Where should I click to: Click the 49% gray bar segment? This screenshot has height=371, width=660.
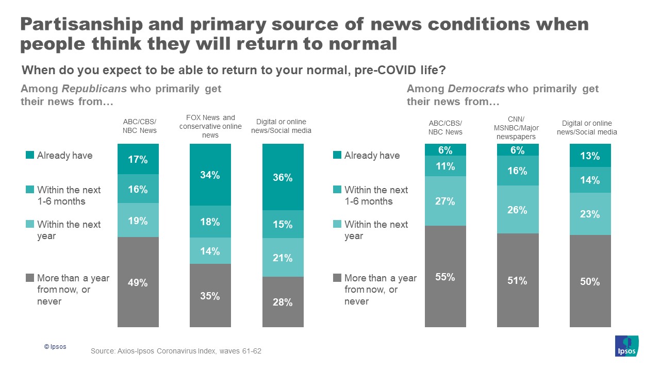pyautogui.click(x=138, y=282)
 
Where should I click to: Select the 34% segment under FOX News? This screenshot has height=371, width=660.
pyautogui.click(x=210, y=175)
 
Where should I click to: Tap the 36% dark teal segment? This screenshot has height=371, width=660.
pyautogui.click(x=283, y=177)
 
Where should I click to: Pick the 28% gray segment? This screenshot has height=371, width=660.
pyautogui.click(x=283, y=302)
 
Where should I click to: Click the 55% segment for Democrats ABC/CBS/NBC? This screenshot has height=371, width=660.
pyautogui.click(x=445, y=277)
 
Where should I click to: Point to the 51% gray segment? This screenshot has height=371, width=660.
pyautogui.click(x=517, y=280)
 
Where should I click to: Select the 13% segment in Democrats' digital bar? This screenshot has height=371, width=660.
pyautogui.click(x=590, y=156)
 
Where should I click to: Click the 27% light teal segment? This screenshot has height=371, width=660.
pyautogui.click(x=445, y=201)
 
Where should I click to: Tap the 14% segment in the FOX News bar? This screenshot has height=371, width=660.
pyautogui.click(x=210, y=251)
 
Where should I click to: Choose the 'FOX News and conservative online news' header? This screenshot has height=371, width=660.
pyautogui.click(x=210, y=126)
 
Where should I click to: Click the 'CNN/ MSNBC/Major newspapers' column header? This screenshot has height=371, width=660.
pyautogui.click(x=517, y=127)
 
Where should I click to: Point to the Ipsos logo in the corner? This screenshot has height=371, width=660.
pyautogui.click(x=627, y=346)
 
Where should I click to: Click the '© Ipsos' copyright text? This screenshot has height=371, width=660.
pyautogui.click(x=55, y=347)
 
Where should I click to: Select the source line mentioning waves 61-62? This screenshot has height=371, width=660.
pyautogui.click(x=176, y=351)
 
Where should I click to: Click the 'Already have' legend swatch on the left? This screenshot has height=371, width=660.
pyautogui.click(x=30, y=155)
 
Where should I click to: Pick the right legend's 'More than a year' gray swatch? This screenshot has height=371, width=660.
pyautogui.click(x=338, y=278)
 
